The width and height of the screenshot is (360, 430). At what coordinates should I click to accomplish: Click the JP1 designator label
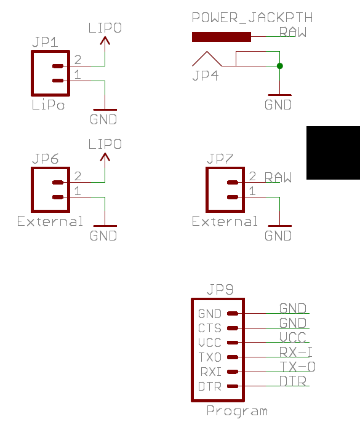45,42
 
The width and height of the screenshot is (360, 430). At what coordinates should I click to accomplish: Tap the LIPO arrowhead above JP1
105,41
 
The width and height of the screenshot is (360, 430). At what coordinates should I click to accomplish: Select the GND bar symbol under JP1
105,109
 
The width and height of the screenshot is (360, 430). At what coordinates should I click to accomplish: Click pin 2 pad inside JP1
58,66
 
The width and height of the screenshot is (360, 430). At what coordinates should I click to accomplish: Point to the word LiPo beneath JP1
48,105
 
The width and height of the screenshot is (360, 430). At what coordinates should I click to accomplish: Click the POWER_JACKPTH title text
252,18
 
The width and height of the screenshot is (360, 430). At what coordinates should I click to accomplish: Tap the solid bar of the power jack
222,37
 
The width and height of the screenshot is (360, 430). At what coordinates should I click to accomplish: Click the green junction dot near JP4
279,66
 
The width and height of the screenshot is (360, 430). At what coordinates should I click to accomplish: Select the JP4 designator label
206,76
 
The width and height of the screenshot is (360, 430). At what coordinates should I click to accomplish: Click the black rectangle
333,153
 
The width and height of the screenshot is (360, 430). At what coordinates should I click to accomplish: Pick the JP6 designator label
46,159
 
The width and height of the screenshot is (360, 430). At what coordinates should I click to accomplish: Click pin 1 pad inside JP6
58,197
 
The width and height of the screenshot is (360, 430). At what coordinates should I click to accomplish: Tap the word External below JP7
225,221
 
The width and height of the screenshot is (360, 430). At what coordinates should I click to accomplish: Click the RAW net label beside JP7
278,177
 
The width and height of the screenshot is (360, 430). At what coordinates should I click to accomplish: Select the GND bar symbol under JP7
279,226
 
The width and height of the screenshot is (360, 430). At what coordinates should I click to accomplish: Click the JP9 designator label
220,289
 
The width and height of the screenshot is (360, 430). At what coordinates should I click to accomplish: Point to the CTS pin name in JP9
210,328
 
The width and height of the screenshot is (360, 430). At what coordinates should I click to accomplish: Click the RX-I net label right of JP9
296,352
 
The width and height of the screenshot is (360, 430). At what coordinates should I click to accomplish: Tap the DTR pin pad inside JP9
233,386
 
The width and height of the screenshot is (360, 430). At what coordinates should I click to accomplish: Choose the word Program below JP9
237,411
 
